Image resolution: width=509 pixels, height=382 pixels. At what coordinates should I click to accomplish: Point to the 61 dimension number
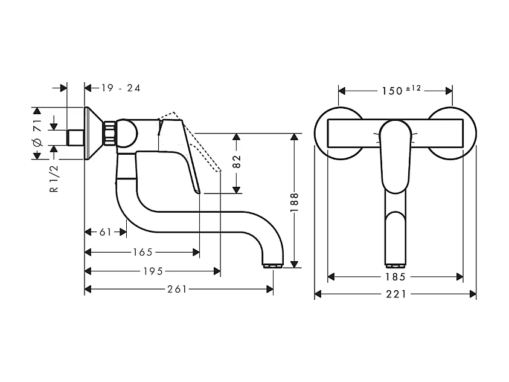point(105,232)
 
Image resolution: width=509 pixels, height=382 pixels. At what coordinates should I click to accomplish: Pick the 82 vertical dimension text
point(237,161)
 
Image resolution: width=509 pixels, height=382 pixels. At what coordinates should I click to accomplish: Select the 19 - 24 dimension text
point(121,88)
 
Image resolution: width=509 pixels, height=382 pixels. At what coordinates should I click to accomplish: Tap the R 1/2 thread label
point(54,178)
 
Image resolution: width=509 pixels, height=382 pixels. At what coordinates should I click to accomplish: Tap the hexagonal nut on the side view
point(110,133)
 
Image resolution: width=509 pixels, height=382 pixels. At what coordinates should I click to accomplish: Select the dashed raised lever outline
point(199,143)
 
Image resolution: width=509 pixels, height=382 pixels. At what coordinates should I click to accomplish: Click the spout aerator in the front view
point(395,265)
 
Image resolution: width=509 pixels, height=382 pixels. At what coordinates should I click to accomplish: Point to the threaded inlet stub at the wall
point(75,137)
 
